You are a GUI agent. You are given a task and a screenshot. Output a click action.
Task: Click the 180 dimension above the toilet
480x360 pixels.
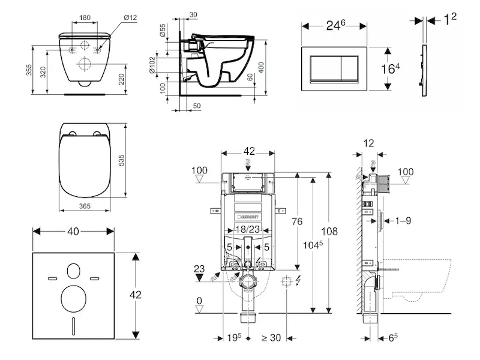tap(85, 17)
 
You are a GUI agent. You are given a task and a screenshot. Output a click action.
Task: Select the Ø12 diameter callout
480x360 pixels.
tap(130, 17)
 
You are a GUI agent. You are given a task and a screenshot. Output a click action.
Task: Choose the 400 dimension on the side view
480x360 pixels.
tap(262, 67)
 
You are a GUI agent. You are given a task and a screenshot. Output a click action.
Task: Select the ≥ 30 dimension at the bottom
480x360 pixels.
tap(271, 338)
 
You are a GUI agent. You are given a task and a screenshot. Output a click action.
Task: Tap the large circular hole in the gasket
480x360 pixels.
tap(74, 298)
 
